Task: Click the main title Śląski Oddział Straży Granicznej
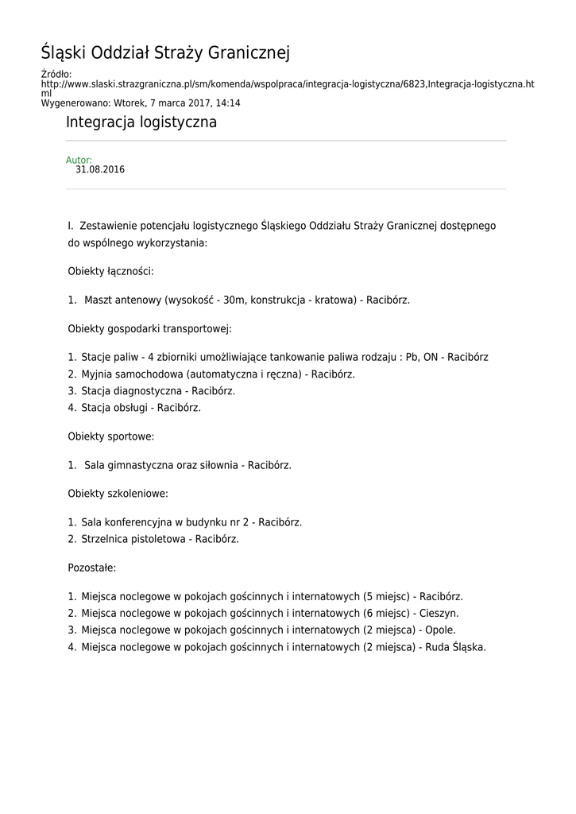pyautogui.click(x=165, y=54)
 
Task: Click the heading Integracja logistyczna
pyautogui.click(x=141, y=123)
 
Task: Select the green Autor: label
pyautogui.click(x=79, y=161)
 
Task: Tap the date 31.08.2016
pyautogui.click(x=100, y=170)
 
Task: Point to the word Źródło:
pyautogui.click(x=56, y=75)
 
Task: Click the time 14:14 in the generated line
pyautogui.click(x=229, y=103)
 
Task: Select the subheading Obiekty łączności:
pyautogui.click(x=110, y=271)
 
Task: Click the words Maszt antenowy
pyautogui.click(x=122, y=300)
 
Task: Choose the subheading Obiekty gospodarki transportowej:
pyautogui.click(x=149, y=328)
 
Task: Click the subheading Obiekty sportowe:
pyautogui.click(x=111, y=436)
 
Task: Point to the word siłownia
pyautogui.click(x=218, y=465)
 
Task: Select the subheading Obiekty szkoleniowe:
pyautogui.click(x=118, y=494)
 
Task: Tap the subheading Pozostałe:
pyautogui.click(x=92, y=568)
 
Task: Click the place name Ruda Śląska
pyautogui.click(x=456, y=647)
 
